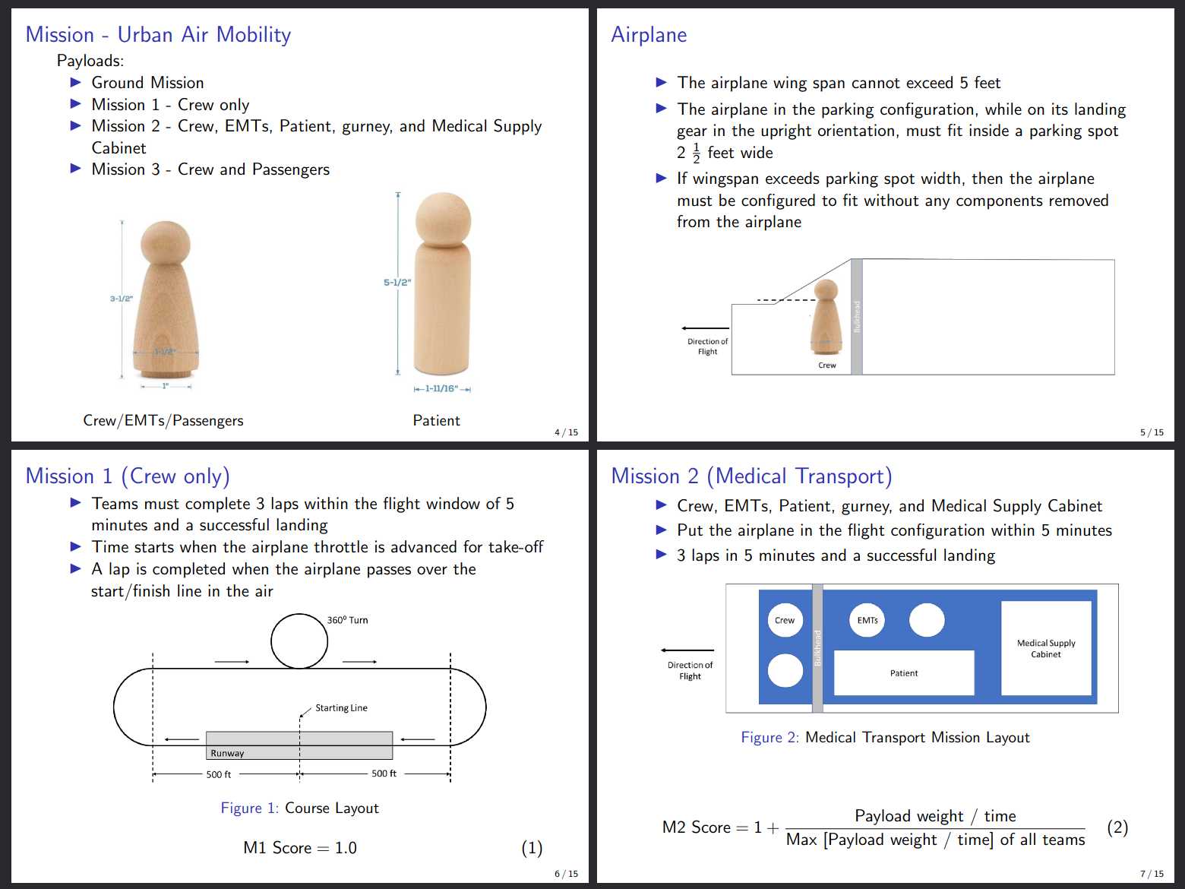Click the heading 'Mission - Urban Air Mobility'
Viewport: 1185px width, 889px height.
(158, 35)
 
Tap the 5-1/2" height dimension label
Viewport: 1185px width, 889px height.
(397, 283)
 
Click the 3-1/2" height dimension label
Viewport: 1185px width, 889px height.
(121, 299)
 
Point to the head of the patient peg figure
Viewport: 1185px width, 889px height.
(443, 218)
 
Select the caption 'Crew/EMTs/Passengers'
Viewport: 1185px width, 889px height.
(163, 420)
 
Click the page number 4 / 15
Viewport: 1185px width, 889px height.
(566, 432)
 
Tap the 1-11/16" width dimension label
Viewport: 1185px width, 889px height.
(441, 389)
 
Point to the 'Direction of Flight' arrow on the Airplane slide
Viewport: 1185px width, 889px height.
(706, 328)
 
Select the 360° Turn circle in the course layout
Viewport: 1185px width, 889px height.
(299, 641)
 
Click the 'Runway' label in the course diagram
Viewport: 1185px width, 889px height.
(227, 753)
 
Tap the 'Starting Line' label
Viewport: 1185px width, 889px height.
(341, 708)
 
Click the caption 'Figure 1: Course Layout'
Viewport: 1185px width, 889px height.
(299, 808)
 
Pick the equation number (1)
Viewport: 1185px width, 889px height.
(532, 848)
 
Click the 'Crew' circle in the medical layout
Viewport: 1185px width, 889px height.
(785, 620)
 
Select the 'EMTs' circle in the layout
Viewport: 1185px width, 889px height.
(867, 620)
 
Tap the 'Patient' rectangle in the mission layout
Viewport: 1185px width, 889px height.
(904, 672)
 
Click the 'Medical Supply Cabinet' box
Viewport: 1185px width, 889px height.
(1046, 648)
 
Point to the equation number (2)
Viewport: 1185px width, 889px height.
(1117, 827)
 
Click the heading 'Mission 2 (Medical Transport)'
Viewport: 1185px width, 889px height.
(751, 476)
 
